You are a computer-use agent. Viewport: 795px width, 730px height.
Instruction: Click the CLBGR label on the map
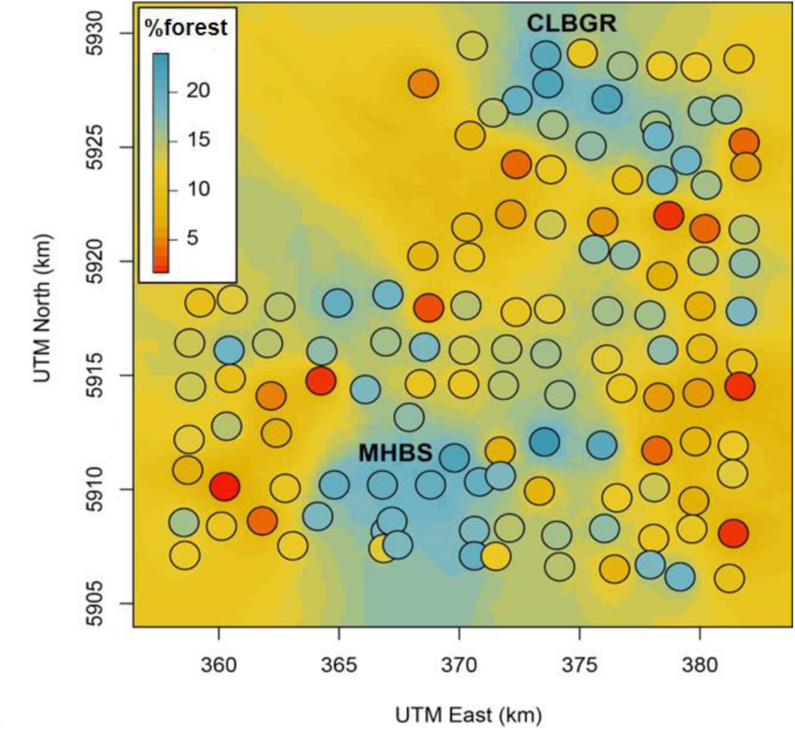[x=570, y=24]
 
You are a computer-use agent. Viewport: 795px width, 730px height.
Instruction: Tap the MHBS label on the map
[x=396, y=453]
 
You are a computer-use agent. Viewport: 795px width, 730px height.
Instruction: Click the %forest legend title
[x=186, y=28]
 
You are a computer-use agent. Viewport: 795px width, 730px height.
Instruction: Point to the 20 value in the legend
[x=198, y=90]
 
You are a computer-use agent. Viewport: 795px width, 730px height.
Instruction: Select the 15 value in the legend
[x=198, y=140]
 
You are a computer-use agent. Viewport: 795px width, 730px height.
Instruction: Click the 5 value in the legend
[x=192, y=238]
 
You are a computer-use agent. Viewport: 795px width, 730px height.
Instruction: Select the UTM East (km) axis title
[x=468, y=715]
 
